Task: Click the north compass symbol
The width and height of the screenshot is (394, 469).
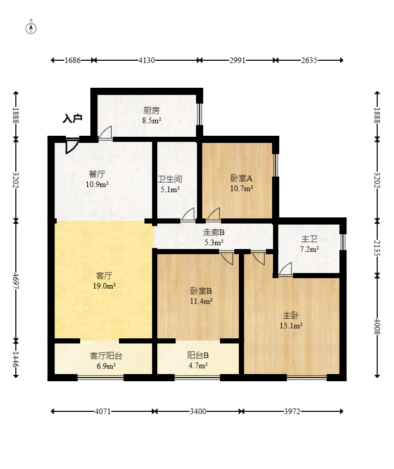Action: [31, 28]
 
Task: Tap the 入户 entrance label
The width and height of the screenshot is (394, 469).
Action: [72, 119]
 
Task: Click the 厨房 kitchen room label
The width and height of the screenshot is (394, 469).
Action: [152, 110]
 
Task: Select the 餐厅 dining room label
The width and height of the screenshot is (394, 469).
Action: [97, 174]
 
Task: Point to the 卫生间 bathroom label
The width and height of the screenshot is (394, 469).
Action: [170, 180]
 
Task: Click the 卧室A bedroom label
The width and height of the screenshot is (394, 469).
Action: [241, 178]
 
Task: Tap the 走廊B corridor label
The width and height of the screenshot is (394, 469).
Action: [214, 232]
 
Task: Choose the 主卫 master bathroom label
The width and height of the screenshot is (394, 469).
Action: [309, 239]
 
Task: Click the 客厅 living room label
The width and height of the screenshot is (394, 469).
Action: [104, 276]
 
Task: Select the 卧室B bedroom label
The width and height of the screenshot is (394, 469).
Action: [201, 291]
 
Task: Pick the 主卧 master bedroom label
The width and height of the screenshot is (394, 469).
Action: [291, 315]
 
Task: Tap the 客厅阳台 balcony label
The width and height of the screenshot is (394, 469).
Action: [106, 356]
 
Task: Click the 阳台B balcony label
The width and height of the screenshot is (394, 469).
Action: [198, 356]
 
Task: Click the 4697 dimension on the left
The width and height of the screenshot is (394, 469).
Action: [16, 281]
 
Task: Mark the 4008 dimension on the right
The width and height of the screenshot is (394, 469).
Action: [377, 327]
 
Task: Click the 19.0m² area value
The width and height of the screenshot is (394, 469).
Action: [104, 286]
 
